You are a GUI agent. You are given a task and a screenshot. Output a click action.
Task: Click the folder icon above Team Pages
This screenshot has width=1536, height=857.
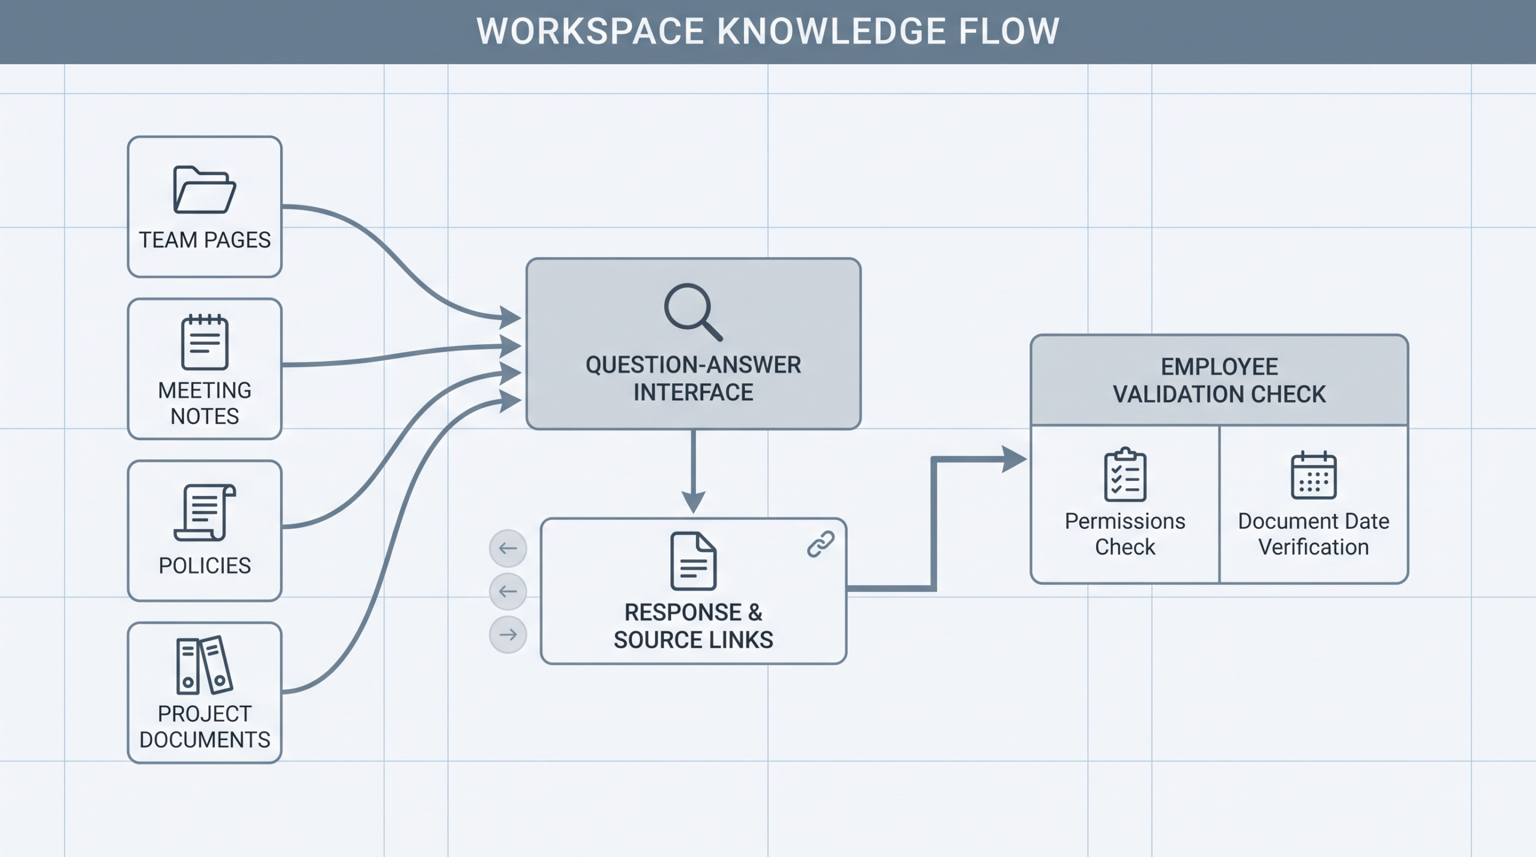(x=205, y=190)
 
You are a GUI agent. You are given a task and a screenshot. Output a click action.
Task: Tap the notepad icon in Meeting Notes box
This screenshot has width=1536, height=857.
(x=205, y=342)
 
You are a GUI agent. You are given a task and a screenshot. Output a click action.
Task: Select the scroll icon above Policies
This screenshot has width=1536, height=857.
(x=205, y=513)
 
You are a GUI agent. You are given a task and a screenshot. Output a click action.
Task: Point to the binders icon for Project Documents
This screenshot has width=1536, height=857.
(x=205, y=664)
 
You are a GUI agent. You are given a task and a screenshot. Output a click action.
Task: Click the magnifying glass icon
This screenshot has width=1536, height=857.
(x=693, y=312)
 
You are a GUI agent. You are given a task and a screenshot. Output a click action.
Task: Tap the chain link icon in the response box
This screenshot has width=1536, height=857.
(x=821, y=544)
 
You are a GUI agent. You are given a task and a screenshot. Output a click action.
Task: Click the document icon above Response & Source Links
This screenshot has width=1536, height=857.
(x=693, y=561)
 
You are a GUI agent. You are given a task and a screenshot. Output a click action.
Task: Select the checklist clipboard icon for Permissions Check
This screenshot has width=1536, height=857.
(x=1125, y=474)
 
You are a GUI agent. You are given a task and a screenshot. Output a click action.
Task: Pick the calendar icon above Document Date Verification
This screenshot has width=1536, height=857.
(x=1313, y=475)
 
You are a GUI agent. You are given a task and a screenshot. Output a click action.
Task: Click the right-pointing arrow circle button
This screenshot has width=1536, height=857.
(x=508, y=635)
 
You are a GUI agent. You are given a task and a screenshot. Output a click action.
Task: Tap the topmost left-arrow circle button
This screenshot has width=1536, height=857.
(x=508, y=548)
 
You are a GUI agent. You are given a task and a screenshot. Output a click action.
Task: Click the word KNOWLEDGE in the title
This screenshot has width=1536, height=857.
(x=832, y=31)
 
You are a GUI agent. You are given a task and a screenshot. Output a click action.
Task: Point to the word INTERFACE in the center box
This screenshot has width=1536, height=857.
(x=693, y=392)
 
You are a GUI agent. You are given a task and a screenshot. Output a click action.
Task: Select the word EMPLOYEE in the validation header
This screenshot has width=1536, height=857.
(x=1219, y=366)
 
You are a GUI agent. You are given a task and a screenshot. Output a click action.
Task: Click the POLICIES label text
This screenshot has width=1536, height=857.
(x=205, y=566)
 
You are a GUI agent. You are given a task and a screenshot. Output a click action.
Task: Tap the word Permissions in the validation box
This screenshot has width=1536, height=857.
(x=1125, y=521)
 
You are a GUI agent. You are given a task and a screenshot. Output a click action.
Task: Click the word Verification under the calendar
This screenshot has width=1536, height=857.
(x=1313, y=547)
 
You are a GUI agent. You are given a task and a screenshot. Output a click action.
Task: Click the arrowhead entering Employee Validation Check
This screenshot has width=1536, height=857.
(x=1015, y=459)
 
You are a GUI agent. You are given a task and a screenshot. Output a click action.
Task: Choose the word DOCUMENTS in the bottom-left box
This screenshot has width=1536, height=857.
(x=205, y=739)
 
